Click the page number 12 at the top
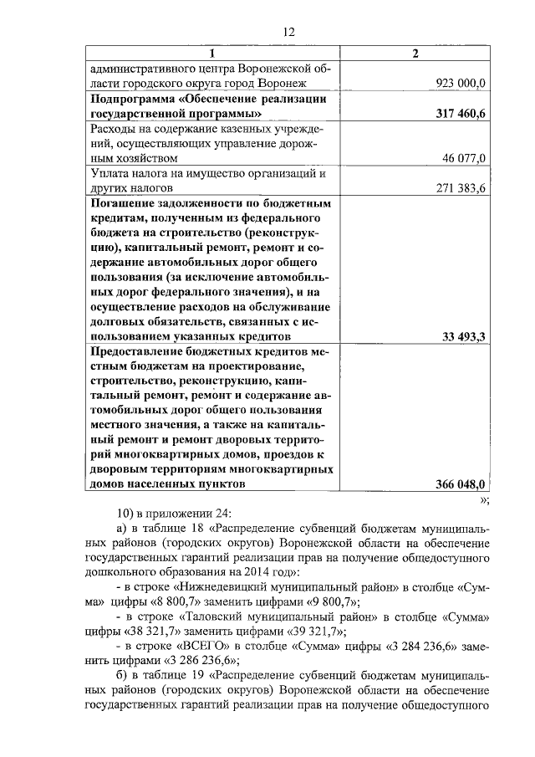pyautogui.click(x=288, y=32)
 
